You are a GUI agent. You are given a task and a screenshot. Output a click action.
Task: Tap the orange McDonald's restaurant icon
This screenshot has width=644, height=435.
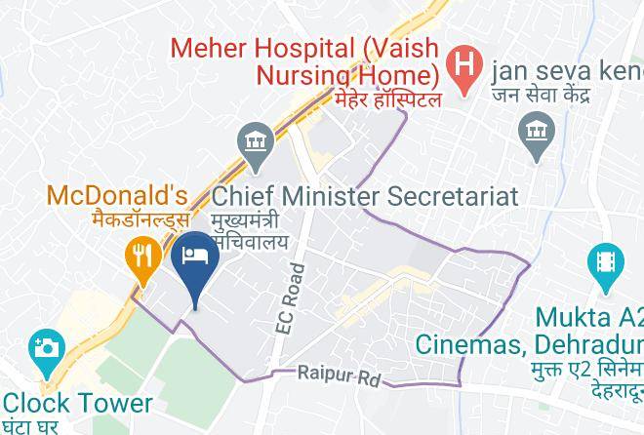[142, 257]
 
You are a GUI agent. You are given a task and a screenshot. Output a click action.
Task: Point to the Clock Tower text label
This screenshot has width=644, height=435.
[77, 403]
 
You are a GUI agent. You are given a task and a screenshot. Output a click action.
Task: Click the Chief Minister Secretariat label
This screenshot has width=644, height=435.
[365, 195]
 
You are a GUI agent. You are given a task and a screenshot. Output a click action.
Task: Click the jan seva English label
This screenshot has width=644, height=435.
[567, 70]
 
